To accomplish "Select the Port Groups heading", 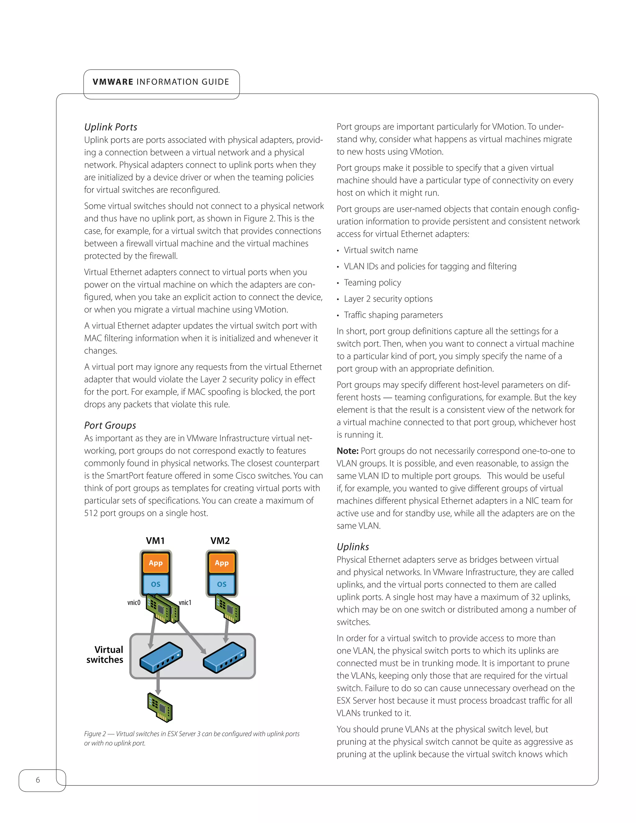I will pos(110,425).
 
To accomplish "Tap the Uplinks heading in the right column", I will pos(353,547).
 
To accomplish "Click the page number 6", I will pos(38,780).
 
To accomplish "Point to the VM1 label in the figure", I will pos(155,541).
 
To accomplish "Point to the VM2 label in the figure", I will pos(220,541).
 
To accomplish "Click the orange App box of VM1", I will pos(156,563).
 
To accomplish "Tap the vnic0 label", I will pos(134,602).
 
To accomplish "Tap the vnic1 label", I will pos(185,602).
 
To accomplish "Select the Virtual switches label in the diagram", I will pos(105,655).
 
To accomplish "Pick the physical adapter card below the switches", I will pos(160,707).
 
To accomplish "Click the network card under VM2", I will pos(228,609).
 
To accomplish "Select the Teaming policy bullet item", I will pos(372,283).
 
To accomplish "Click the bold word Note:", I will pos(348,451).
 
